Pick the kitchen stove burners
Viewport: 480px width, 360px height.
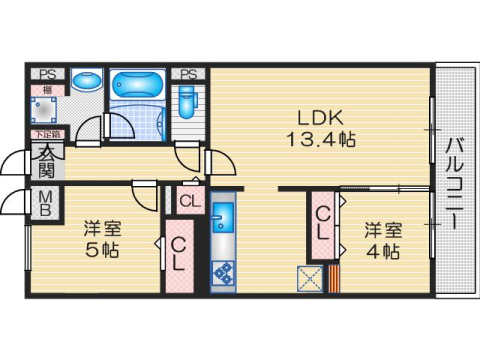coord(222,270)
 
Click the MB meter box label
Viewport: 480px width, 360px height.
coord(46,204)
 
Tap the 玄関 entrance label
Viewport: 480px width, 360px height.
coord(47,160)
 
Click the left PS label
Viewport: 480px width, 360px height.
coord(47,73)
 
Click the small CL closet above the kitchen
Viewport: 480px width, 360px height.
coord(190,201)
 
